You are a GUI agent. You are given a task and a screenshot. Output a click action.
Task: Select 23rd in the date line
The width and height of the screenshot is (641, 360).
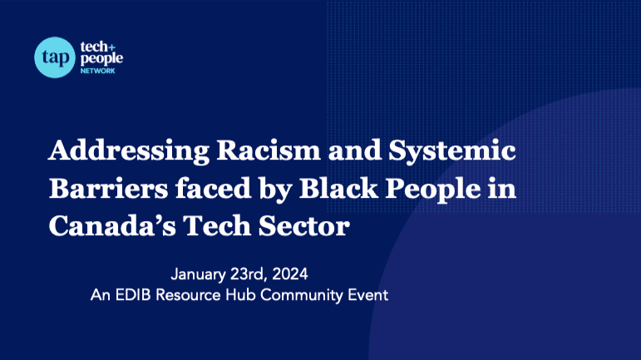[248, 274]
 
